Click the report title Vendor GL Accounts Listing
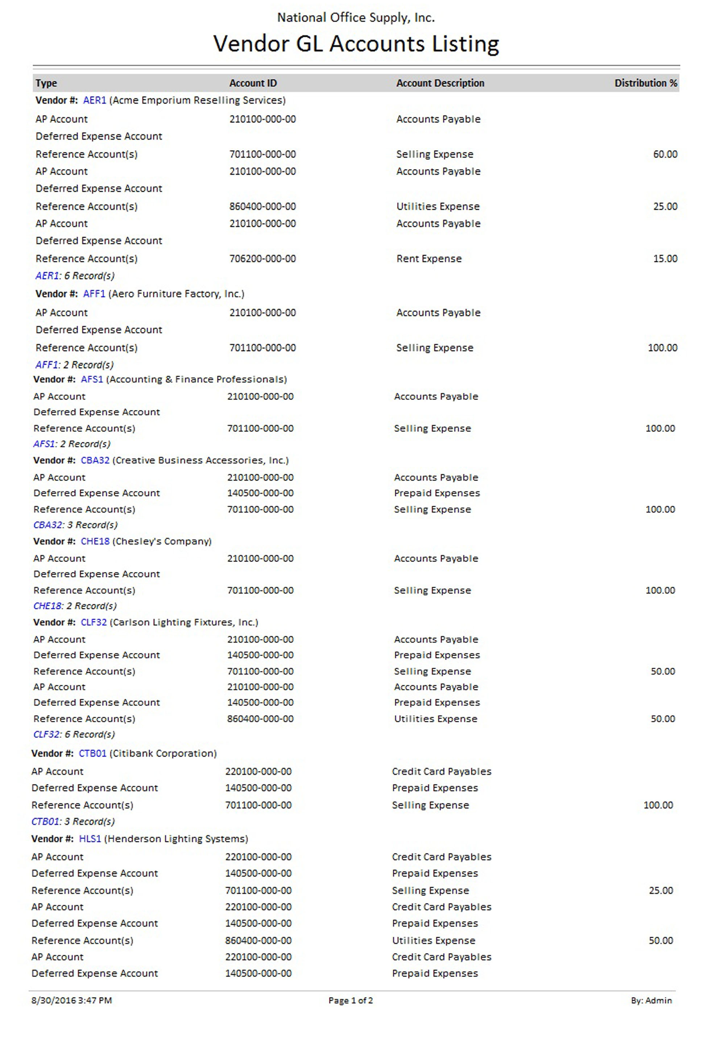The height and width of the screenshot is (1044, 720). tap(356, 44)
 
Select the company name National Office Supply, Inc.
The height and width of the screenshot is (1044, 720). tap(356, 18)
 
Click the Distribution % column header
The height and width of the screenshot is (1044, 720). tap(646, 83)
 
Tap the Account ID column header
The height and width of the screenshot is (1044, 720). tap(253, 83)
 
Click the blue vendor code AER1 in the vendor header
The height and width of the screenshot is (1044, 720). tap(95, 100)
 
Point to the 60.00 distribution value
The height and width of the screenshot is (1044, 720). tap(665, 154)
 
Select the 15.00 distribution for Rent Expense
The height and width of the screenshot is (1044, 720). tap(665, 259)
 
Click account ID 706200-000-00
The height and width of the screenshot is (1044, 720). tap(262, 259)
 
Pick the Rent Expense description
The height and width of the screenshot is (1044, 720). tap(429, 259)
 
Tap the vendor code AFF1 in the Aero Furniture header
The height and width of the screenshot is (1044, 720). tap(94, 294)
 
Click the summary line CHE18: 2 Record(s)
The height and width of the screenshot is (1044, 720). tap(75, 606)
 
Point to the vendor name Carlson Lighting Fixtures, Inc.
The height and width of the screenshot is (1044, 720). tap(184, 622)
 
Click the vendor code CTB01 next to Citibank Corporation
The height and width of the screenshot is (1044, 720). tap(92, 754)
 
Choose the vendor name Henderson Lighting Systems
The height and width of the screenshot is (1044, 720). tap(176, 839)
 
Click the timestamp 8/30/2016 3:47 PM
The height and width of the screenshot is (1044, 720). tap(71, 1000)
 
